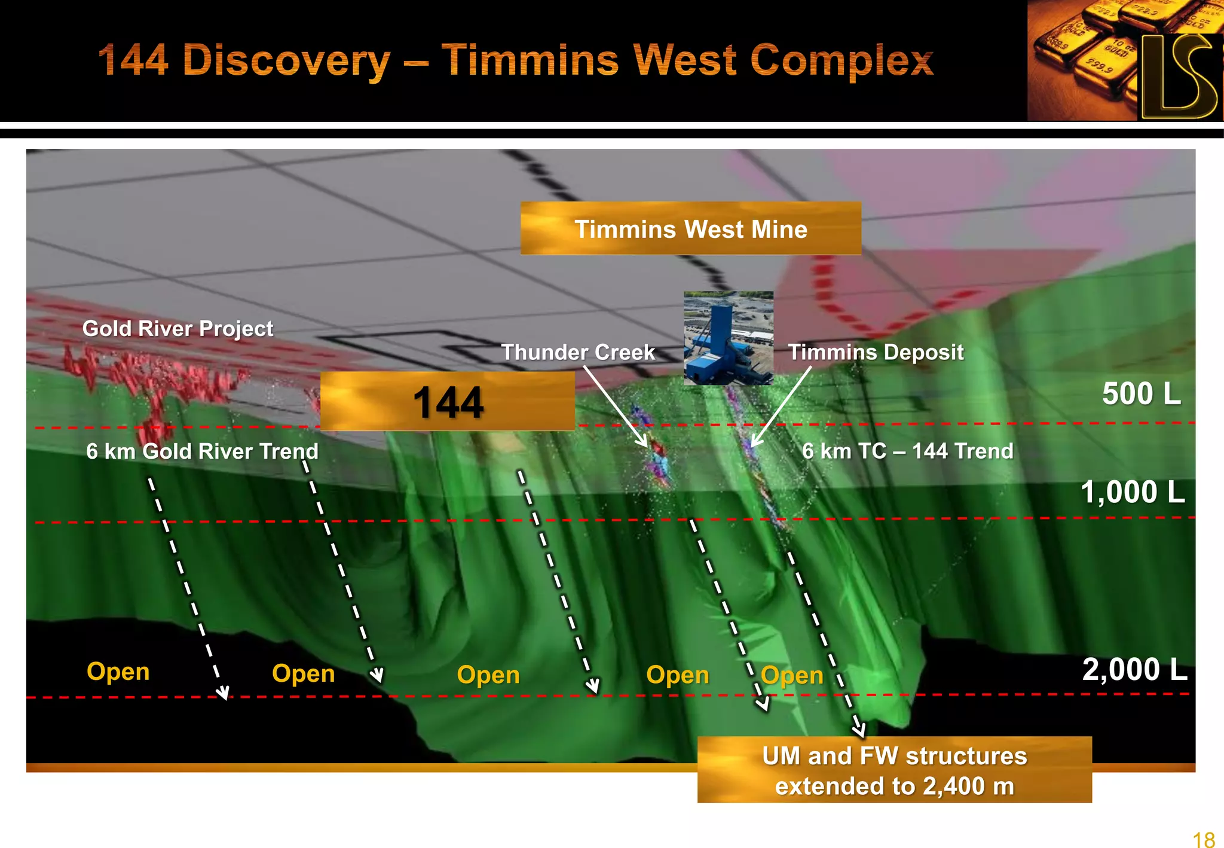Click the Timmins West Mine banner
[x=690, y=229]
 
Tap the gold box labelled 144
[x=447, y=401]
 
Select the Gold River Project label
[x=178, y=328]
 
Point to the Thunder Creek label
[x=578, y=352]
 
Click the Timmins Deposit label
[x=876, y=352]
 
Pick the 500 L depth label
[x=1141, y=394]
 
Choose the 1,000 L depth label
[x=1132, y=492]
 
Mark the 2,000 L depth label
[x=1134, y=669]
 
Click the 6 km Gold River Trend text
[x=202, y=451]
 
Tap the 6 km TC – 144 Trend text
[x=907, y=451]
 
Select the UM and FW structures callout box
[x=894, y=770]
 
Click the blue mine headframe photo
[x=728, y=338]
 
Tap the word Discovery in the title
[x=286, y=61]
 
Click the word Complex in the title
[x=841, y=61]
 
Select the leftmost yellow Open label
[x=118, y=672]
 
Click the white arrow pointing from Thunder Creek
[x=616, y=407]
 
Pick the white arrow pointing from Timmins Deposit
[x=781, y=407]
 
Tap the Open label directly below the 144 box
[x=488, y=675]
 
